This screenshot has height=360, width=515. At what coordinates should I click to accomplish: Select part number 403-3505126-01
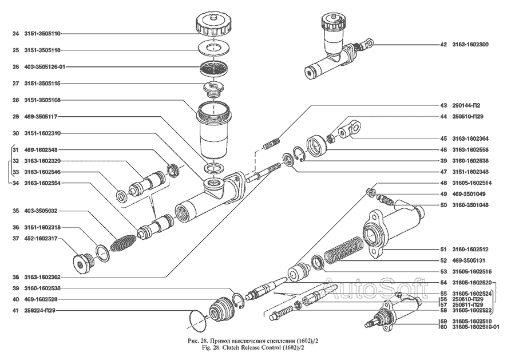[x=47, y=67]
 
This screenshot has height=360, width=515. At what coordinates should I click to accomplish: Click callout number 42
[x=443, y=44]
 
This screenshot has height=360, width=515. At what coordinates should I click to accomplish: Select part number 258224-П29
[x=43, y=310]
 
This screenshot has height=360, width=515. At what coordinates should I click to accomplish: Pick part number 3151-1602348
[x=471, y=171]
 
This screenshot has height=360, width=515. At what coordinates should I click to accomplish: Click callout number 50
[x=443, y=204]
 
